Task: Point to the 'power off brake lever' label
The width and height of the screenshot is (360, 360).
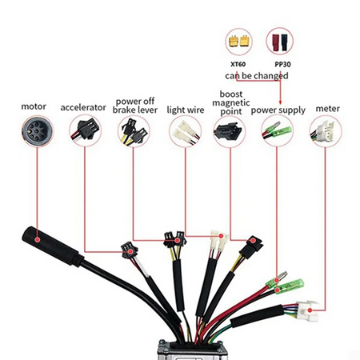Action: [x=134, y=106]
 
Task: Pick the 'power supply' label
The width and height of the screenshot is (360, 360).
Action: [x=278, y=110]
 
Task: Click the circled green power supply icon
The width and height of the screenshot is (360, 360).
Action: [x=278, y=130]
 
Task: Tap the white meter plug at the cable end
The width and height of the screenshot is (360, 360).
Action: [x=305, y=307]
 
